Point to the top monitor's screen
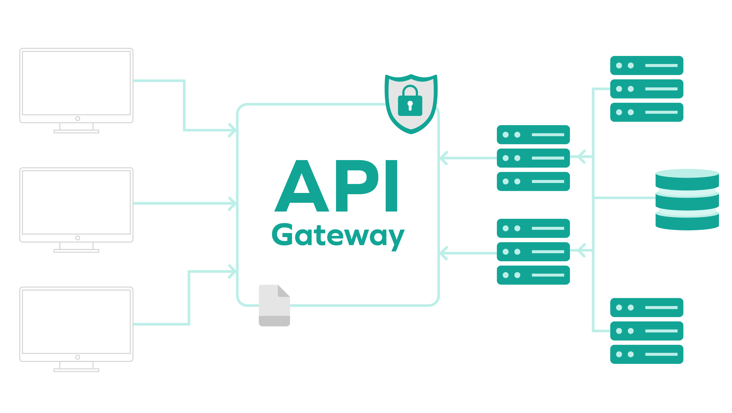pos(76,83)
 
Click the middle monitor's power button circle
pos(78,238)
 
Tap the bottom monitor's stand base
pos(76,370)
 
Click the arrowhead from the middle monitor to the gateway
pos(233,203)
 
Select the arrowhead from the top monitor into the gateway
pos(233,130)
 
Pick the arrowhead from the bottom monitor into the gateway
pos(233,271)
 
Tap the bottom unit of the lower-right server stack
pos(646,354)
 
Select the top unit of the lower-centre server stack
pos(533,228)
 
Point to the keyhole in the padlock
pos(410,105)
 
